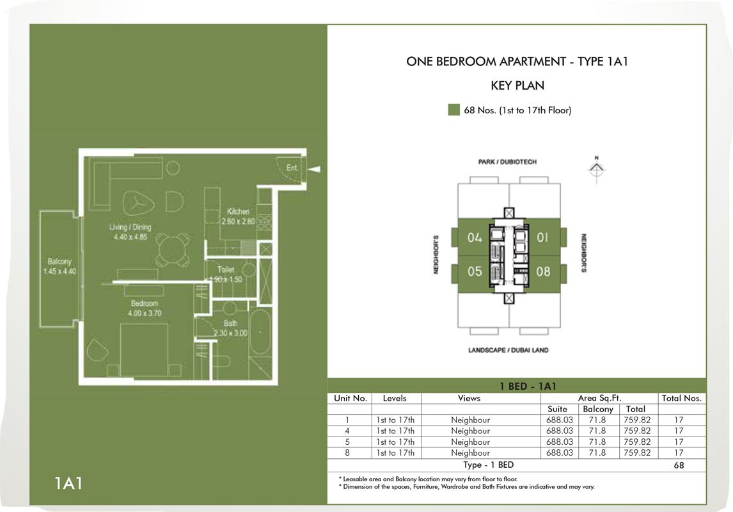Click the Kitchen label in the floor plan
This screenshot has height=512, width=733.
[x=238, y=211]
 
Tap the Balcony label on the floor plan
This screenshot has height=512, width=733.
[x=59, y=262]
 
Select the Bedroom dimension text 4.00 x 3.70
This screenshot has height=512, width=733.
[x=145, y=314]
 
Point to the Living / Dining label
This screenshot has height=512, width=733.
[x=130, y=227]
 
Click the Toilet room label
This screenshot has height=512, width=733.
[x=225, y=270]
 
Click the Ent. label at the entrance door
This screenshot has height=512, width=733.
[x=292, y=168]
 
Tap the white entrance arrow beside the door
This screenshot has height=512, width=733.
[x=315, y=168]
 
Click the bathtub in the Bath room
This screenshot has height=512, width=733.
[x=262, y=337]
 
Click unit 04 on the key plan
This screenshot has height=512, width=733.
[x=474, y=238]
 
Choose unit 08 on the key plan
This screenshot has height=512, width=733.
[x=543, y=271]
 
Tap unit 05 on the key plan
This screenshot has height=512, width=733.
[x=474, y=271]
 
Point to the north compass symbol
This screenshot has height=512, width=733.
[x=596, y=168]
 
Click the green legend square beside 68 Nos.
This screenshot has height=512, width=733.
[x=453, y=110]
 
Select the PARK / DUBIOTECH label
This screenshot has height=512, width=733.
[x=507, y=162]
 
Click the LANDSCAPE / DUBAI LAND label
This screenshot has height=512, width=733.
[x=508, y=350]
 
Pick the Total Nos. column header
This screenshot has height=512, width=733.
[x=682, y=398]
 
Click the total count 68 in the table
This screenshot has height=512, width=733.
[x=679, y=465]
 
